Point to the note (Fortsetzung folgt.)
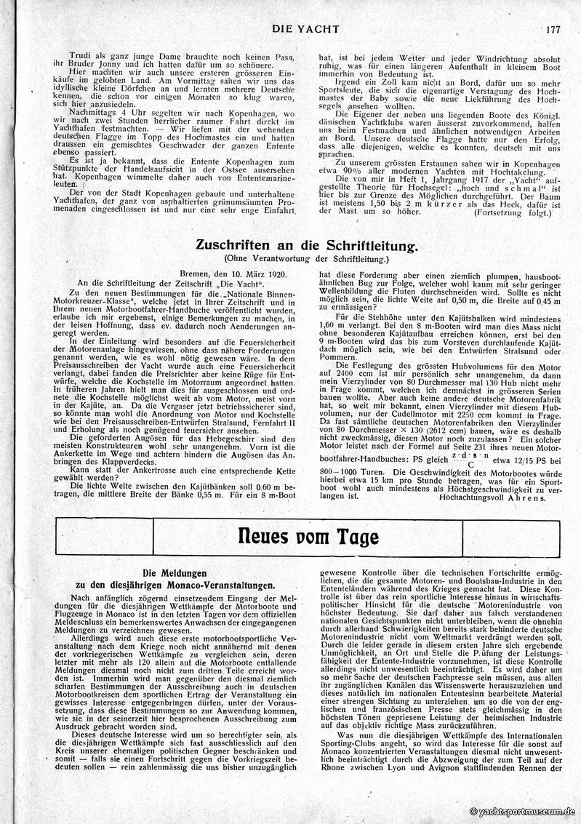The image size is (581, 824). [512, 213]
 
